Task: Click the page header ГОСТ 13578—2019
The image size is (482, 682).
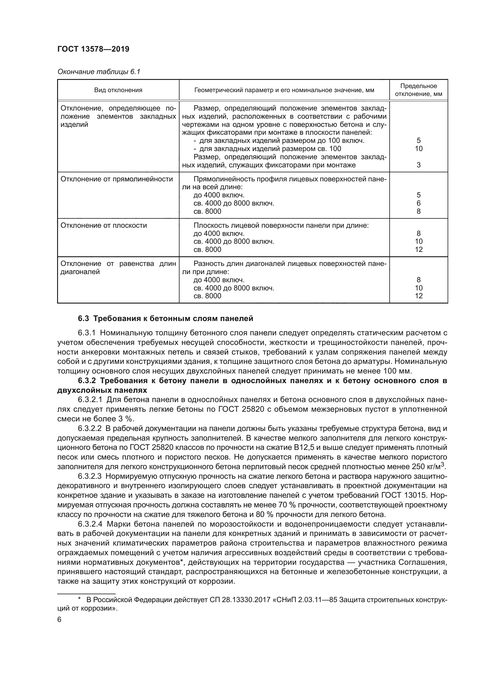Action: point(93,49)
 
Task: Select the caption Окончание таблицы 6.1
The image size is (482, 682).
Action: point(98,72)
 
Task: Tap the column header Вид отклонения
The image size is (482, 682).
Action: point(118,90)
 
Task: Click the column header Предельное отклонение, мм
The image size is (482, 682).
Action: point(418,90)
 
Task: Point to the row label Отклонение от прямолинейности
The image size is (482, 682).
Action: point(117,179)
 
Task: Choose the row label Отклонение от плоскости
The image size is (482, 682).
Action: point(103,225)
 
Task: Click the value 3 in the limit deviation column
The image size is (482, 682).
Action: point(418,165)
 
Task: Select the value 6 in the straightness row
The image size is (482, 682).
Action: point(418,204)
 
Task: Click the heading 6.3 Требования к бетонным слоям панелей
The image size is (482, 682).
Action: point(165,319)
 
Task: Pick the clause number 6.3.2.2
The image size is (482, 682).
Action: point(90,429)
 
